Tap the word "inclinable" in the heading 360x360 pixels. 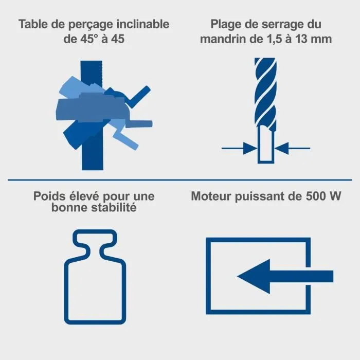147,24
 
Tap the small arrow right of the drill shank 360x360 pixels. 293,149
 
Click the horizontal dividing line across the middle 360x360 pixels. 180,181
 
